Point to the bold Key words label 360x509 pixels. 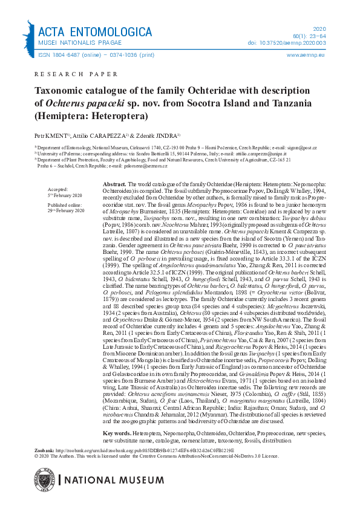tap(117, 417)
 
